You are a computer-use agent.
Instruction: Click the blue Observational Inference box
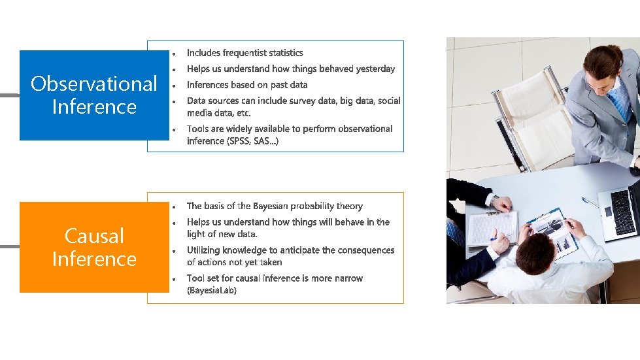click(94, 95)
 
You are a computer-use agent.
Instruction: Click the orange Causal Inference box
click(94, 247)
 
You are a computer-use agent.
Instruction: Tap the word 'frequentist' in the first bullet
click(244, 53)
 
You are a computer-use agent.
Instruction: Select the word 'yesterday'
click(373, 69)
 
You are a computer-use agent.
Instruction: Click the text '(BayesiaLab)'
click(212, 291)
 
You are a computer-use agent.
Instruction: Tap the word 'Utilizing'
click(205, 250)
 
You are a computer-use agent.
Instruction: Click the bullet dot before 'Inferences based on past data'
click(174, 86)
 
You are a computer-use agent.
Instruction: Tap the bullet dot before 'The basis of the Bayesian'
click(174, 207)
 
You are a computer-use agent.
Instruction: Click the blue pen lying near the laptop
click(590, 203)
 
